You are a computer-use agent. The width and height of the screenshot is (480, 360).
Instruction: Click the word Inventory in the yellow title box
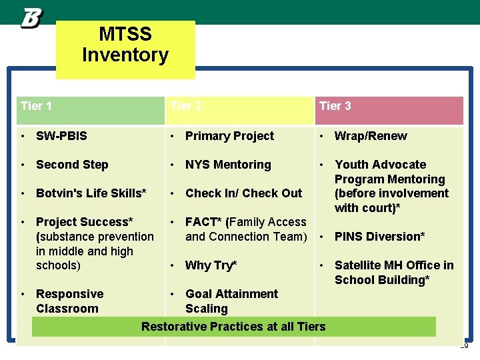(125, 55)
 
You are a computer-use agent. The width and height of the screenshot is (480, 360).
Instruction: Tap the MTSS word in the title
(125, 34)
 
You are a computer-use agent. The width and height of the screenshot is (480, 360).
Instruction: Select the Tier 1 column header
(37, 106)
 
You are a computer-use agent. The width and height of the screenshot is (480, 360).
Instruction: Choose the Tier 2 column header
(186, 106)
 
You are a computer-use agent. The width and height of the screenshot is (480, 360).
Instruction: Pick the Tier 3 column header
(335, 106)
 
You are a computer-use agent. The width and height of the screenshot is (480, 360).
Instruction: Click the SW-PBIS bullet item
(61, 136)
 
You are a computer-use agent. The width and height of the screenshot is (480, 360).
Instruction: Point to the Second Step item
(72, 165)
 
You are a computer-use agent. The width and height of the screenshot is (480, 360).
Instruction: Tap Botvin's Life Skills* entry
(91, 193)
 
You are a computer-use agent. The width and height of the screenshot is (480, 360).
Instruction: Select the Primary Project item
(229, 136)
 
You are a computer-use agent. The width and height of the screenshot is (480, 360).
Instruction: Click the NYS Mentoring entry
(228, 165)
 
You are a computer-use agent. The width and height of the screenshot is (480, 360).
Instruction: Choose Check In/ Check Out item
(243, 193)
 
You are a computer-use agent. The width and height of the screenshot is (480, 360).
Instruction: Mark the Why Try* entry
(211, 265)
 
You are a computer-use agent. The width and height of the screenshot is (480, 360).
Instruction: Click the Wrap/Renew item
(371, 136)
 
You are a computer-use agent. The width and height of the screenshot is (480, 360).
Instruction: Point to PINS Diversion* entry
(380, 237)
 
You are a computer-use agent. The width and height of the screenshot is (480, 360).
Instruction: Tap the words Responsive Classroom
(69, 301)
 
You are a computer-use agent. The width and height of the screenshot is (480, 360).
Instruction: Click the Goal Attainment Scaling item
(231, 301)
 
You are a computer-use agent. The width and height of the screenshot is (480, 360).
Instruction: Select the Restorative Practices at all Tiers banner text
(233, 326)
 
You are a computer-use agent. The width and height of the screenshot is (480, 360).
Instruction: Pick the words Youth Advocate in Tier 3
(380, 165)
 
